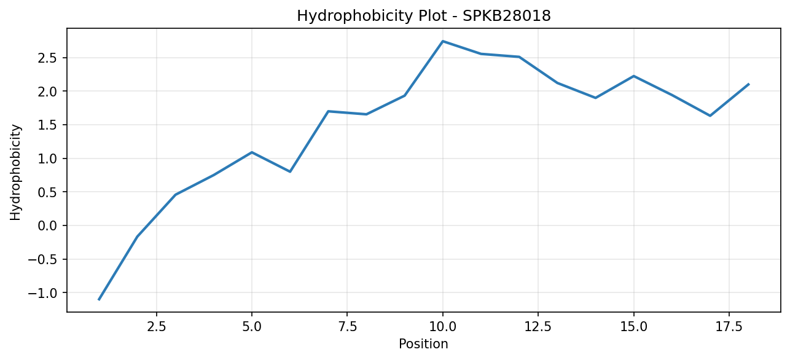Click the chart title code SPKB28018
click(x=506, y=16)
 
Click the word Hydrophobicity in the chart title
click(x=354, y=17)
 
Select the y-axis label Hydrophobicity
click(x=15, y=173)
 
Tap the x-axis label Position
click(x=423, y=344)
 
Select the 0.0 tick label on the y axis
click(x=48, y=225)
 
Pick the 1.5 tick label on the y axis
click(x=48, y=125)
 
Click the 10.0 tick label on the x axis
click(x=443, y=327)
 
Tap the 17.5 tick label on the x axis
click(x=729, y=327)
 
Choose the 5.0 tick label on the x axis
click(x=252, y=327)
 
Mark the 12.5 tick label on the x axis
click(x=538, y=327)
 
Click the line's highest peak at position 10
click(x=443, y=41)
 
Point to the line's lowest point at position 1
click(x=99, y=300)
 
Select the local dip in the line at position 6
click(x=290, y=172)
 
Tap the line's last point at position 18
click(x=748, y=84)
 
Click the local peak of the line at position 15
click(x=634, y=76)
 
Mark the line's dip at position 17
click(x=710, y=115)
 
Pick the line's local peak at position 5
click(x=252, y=152)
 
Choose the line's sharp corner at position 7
click(x=328, y=111)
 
